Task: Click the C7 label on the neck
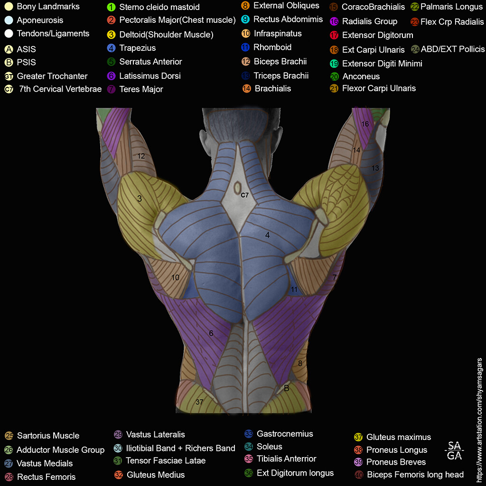(x=244, y=195)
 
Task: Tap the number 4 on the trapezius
(x=268, y=235)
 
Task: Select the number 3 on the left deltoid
(x=140, y=199)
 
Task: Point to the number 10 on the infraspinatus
(x=175, y=277)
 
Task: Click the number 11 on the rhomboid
(x=294, y=289)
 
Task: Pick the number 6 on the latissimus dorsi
(x=211, y=333)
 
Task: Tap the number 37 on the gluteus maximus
(x=200, y=402)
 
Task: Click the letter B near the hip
(x=286, y=388)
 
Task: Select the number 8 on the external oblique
(x=300, y=364)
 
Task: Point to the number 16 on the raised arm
(x=365, y=124)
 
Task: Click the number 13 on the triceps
(x=375, y=168)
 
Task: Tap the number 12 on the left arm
(x=141, y=156)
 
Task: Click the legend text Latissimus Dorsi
(x=150, y=75)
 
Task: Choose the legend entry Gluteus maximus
(x=398, y=437)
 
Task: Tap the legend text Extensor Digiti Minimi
(x=382, y=64)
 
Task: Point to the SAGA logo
(x=455, y=450)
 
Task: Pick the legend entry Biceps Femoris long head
(x=415, y=474)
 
